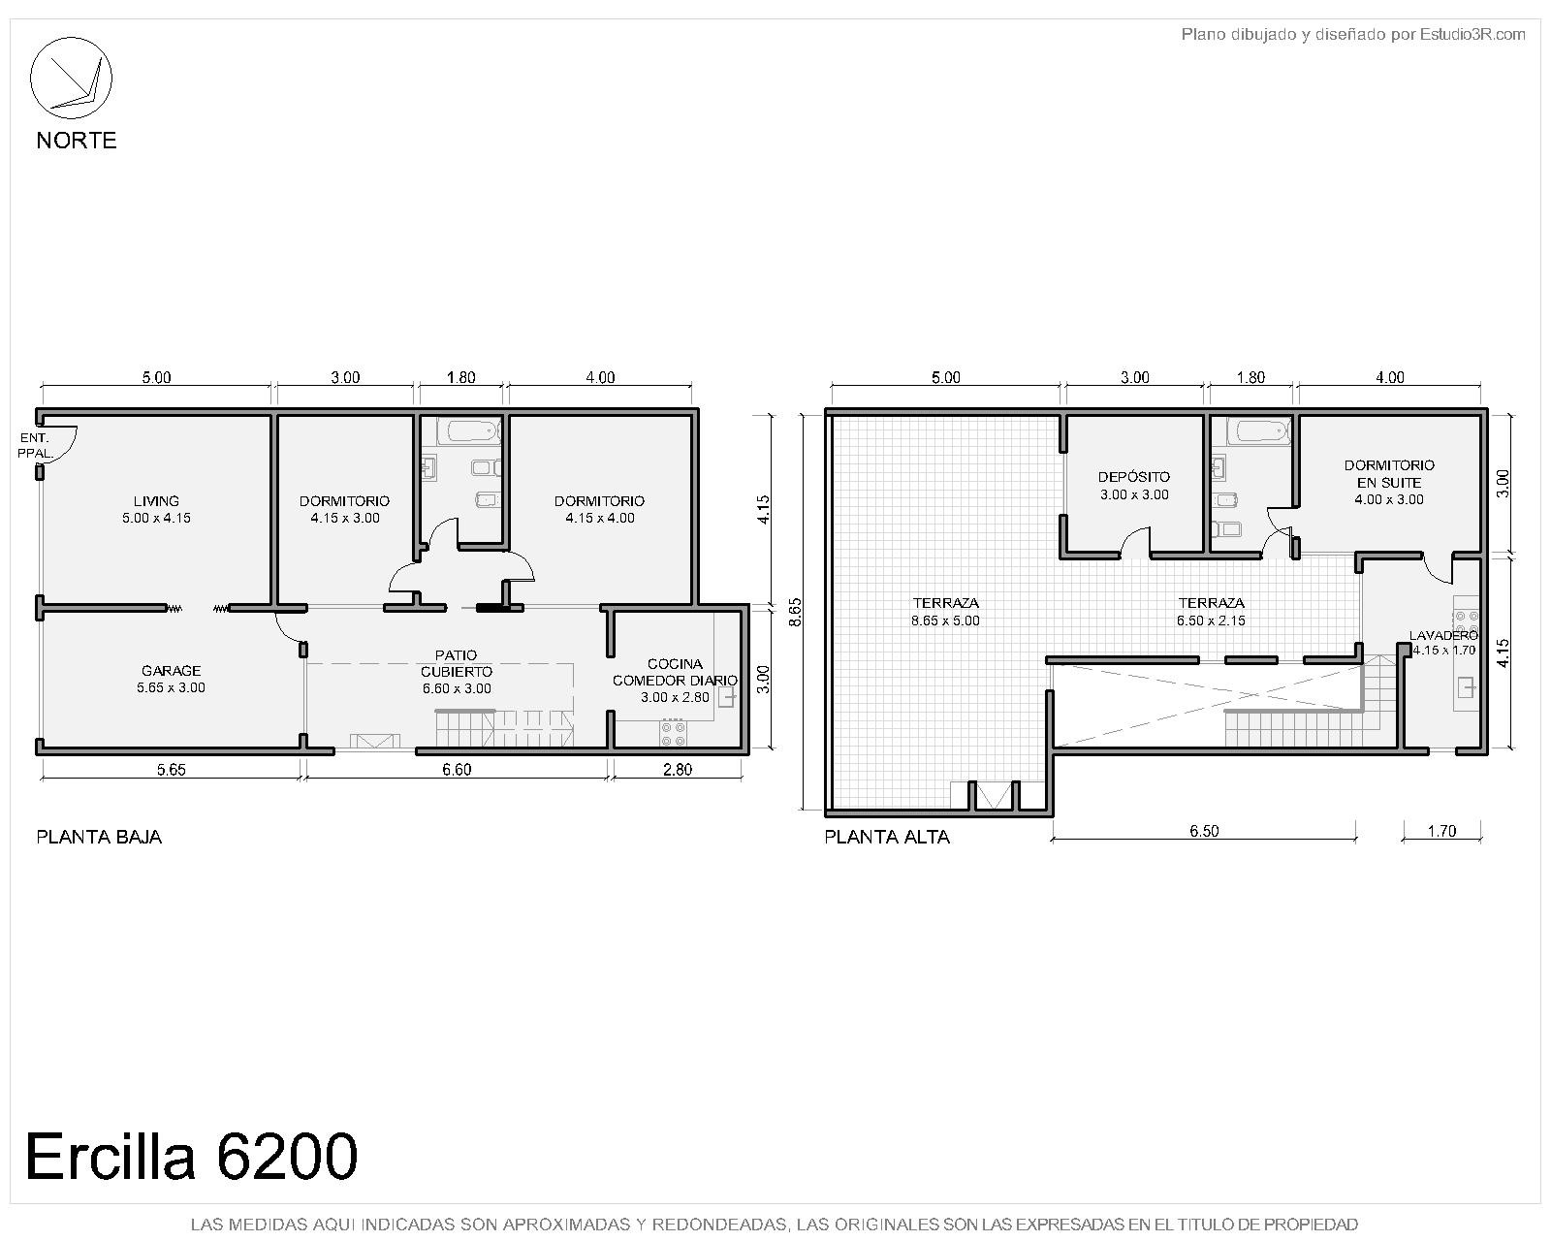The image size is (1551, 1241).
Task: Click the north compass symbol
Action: pos(71,78)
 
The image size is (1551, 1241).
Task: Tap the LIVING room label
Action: pos(156,509)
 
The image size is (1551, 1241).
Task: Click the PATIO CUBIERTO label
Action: pos(457,671)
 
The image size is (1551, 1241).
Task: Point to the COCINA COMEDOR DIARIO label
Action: pos(675,680)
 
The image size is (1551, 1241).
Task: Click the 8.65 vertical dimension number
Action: pos(795,612)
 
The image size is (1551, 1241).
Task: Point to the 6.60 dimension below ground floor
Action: pos(457,770)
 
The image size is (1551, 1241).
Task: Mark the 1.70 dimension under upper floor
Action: pos(1441,831)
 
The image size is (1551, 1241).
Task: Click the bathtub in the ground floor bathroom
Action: pos(469,430)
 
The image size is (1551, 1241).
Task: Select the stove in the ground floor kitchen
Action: pos(673,733)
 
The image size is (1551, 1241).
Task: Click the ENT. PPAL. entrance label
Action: pos(34,446)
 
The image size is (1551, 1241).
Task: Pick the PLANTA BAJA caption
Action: pos(99,837)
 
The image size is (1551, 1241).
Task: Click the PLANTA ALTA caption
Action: pos(886,837)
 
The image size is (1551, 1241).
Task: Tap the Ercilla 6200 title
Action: pos(191,1156)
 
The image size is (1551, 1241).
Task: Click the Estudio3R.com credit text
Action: pos(1353,34)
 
